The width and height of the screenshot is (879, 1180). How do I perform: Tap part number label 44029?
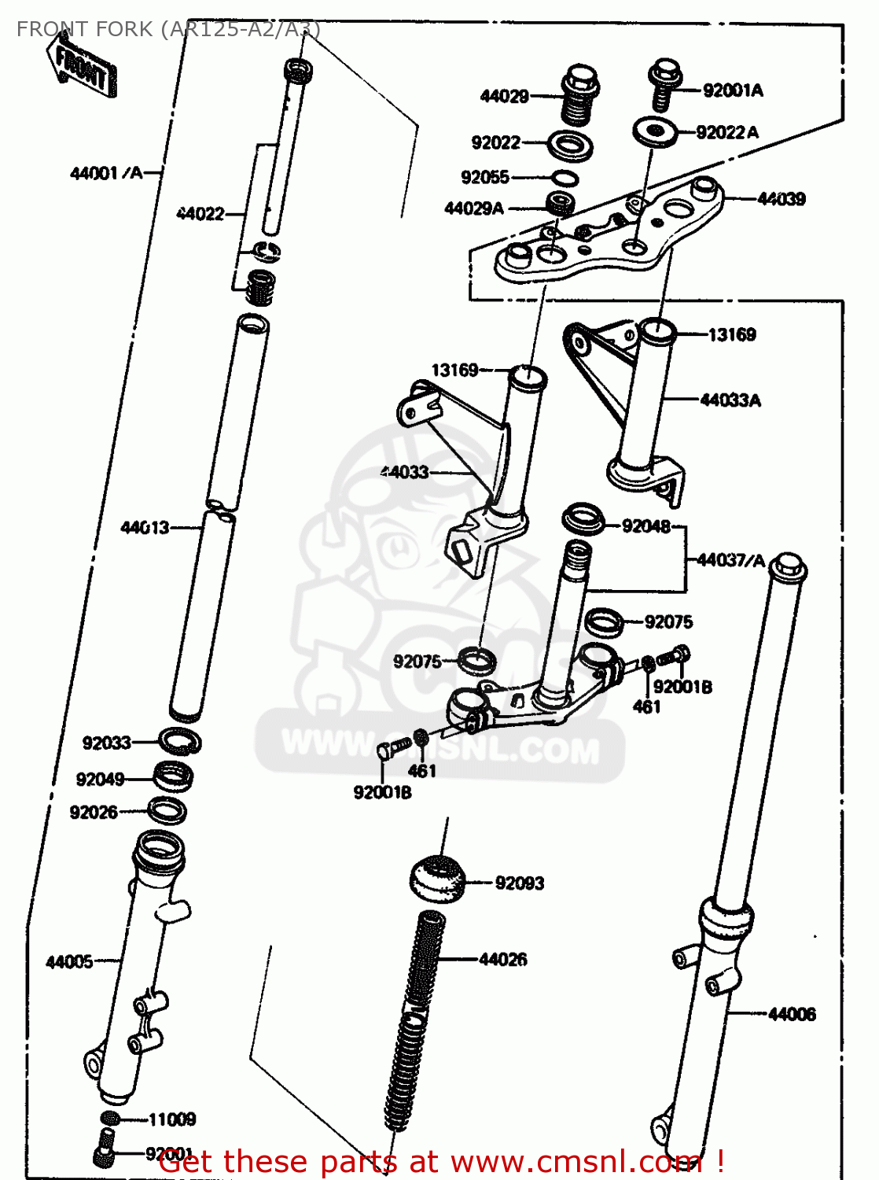[504, 96]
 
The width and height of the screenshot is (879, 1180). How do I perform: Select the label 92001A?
[733, 90]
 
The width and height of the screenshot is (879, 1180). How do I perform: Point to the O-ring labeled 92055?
[565, 178]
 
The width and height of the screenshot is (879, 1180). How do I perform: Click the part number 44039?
[781, 199]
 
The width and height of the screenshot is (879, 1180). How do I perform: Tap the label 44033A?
[730, 400]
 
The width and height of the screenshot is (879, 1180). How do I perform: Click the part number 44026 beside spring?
[502, 959]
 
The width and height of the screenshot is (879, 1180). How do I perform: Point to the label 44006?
[792, 1014]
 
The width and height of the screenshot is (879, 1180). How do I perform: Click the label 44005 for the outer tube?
[69, 961]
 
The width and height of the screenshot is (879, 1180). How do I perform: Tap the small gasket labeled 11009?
[111, 1119]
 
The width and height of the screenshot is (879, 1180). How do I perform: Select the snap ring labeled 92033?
[180, 741]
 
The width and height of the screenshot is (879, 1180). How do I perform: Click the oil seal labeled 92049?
[173, 776]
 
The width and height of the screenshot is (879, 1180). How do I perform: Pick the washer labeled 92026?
[167, 810]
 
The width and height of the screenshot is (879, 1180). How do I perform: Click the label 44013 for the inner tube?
[145, 527]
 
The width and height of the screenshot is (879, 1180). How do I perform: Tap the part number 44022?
[200, 213]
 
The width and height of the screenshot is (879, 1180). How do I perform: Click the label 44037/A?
[730, 560]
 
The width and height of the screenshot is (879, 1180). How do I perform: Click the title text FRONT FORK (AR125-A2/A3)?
[168, 29]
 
